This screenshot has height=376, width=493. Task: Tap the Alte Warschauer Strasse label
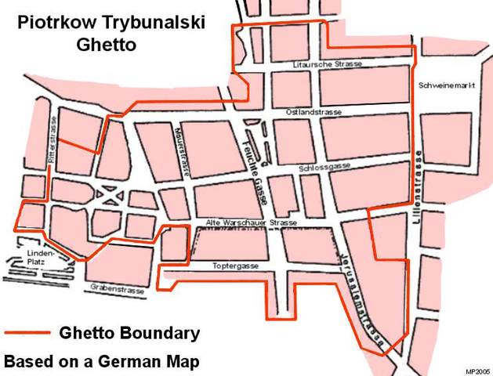[x=251, y=224]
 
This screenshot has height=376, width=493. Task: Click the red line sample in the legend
[x=28, y=333]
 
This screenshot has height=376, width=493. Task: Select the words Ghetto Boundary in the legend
[x=129, y=333]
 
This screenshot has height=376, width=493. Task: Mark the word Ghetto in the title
[x=106, y=44]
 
